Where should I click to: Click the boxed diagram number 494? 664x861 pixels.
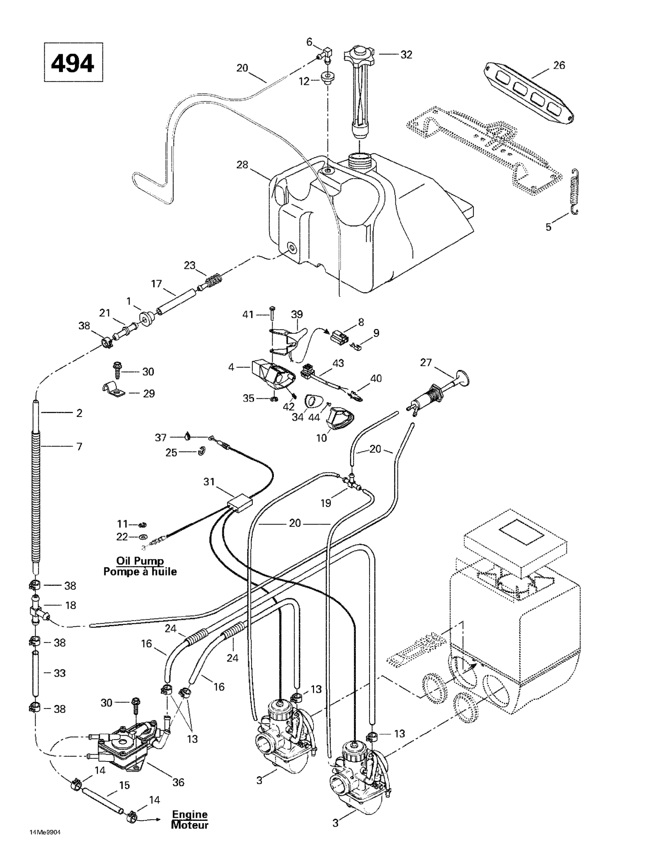(73, 62)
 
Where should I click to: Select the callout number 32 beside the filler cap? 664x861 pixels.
(406, 54)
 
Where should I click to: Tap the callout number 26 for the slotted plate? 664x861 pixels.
(559, 65)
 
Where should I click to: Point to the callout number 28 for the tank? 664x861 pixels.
(242, 164)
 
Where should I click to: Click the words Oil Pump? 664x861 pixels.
(140, 560)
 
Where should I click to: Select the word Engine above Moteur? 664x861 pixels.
(190, 814)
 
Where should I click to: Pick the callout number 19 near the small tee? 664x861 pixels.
(326, 503)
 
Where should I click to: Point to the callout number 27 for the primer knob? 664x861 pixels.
(426, 362)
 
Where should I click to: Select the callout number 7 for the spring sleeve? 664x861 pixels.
(79, 446)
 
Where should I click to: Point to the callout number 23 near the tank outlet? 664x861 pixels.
(190, 265)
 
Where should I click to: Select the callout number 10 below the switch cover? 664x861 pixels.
(322, 438)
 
